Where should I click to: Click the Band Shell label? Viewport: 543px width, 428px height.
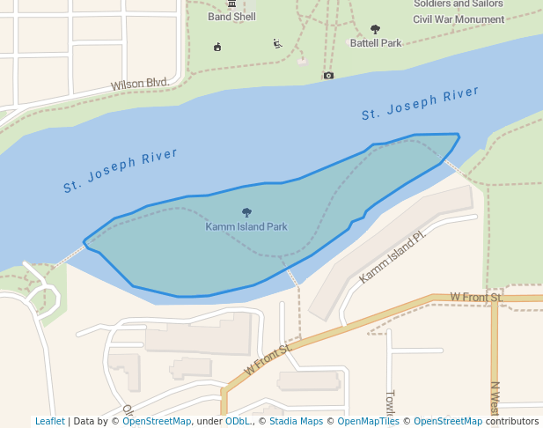tap(231, 17)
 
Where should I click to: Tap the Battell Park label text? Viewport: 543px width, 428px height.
tap(376, 42)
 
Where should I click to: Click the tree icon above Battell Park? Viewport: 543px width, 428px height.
tap(376, 29)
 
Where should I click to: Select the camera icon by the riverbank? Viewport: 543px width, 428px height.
tap(328, 76)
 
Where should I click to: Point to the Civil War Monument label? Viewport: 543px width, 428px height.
tap(459, 18)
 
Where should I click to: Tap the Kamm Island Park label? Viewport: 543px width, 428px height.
tap(246, 226)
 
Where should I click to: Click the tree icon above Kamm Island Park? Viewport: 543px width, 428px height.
tap(246, 212)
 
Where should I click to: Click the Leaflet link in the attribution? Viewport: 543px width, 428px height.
tap(49, 421)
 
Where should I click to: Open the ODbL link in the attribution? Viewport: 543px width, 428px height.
tap(238, 421)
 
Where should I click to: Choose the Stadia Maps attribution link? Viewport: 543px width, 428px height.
tap(295, 421)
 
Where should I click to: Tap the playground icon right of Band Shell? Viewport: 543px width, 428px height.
tap(278, 43)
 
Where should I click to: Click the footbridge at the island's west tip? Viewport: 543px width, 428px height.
tap(70, 254)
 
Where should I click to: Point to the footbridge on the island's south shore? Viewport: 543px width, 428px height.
tap(292, 277)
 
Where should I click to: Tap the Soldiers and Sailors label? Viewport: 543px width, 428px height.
tap(459, 4)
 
